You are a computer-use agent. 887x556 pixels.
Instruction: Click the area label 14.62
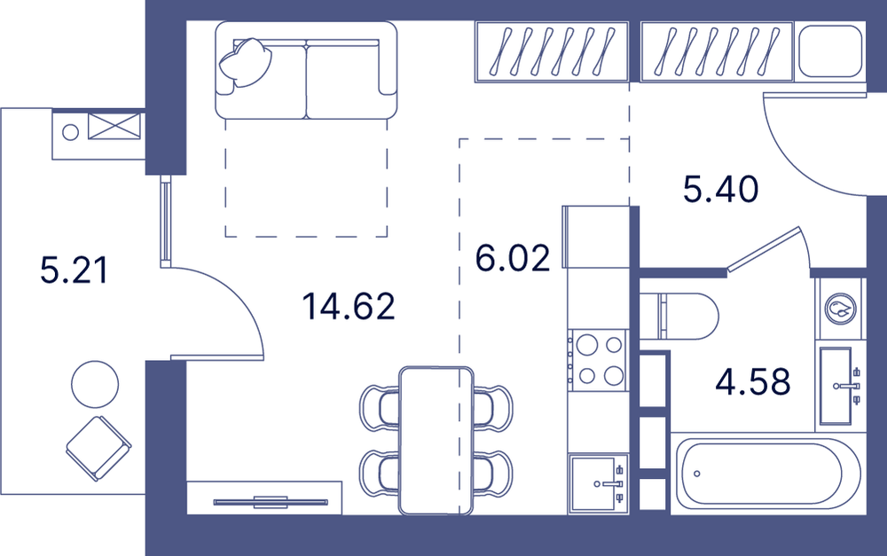pos(348,307)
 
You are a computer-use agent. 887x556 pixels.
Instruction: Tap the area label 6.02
pos(513,258)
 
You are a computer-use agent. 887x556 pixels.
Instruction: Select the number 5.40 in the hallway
pos(720,189)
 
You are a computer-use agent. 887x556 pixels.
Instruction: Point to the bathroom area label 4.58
pos(752,381)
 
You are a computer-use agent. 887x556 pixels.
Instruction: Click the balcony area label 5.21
pos(74,270)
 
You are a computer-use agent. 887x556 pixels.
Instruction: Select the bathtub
pos(768,474)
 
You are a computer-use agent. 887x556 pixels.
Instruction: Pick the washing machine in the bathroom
pos(840,309)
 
